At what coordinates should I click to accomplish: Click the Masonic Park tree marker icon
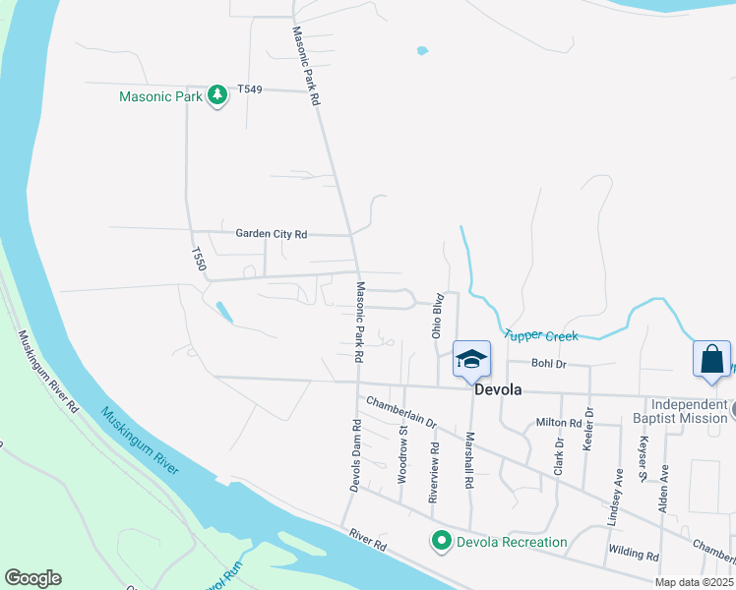(x=217, y=95)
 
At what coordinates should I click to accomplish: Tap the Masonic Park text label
(x=160, y=96)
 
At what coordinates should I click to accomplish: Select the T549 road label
(x=250, y=89)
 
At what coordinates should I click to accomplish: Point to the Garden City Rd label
(x=272, y=234)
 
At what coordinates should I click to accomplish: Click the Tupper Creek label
(x=541, y=335)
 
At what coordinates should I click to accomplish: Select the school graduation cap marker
(x=471, y=359)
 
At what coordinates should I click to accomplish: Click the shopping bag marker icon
(x=711, y=359)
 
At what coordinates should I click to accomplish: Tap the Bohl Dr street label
(x=549, y=364)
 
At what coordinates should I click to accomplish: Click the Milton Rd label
(x=559, y=423)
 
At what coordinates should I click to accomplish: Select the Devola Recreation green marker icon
(x=442, y=541)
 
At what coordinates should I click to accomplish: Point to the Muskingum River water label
(x=139, y=442)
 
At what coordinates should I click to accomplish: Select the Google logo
(x=32, y=578)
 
